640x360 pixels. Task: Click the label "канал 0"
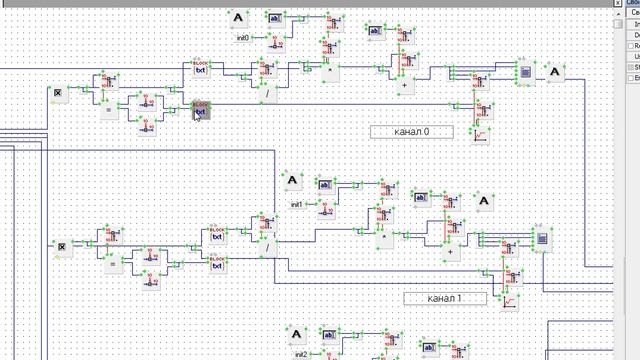coord(411,131)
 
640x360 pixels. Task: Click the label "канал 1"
coord(445,298)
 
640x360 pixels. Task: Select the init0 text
coord(242,38)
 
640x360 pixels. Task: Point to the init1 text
coord(297,204)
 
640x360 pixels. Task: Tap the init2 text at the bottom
coord(300,354)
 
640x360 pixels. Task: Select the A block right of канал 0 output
coord(555,71)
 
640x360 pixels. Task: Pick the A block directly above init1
coord(292,181)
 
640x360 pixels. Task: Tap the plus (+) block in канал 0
coord(404,86)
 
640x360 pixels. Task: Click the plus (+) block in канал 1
coord(451,252)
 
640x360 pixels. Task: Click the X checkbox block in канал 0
coord(59,93)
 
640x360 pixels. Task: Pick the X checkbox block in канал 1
coord(61,246)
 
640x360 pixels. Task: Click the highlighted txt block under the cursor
coord(200,109)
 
